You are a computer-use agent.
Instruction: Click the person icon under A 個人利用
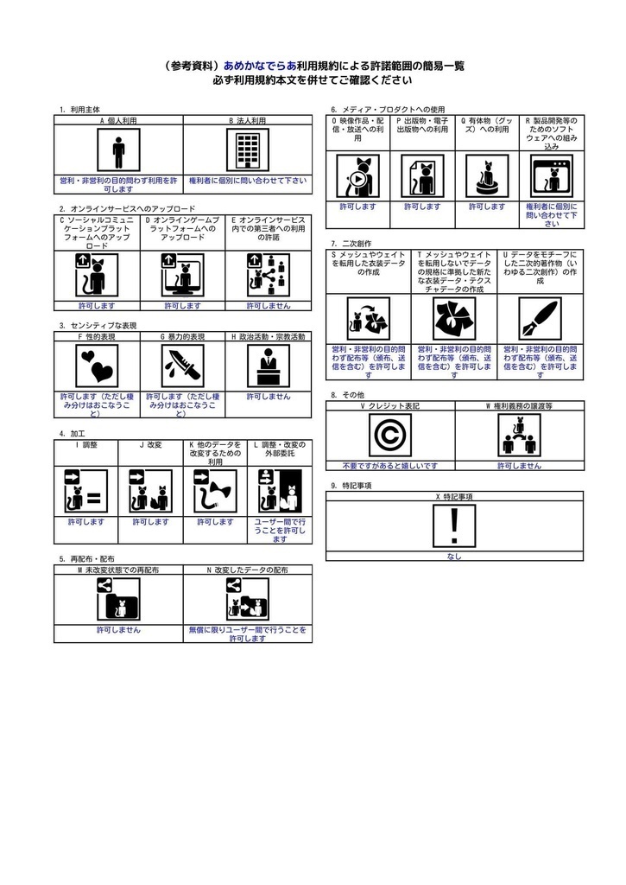point(118,152)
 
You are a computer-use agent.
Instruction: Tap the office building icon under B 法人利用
point(247,152)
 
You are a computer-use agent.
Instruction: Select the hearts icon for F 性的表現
point(96,366)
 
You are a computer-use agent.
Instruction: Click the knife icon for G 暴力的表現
point(182,366)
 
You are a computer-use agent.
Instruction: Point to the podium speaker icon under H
point(268,366)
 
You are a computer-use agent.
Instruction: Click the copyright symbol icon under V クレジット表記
point(389,436)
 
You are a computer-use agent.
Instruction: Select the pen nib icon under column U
point(540,318)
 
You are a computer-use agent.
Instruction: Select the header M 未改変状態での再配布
point(118,570)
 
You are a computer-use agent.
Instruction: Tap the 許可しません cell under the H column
point(268,396)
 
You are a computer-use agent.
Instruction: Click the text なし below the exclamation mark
point(454,557)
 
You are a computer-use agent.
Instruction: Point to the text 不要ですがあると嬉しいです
point(389,465)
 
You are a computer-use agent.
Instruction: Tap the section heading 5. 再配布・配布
point(86,559)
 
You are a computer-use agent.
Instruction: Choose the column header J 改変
point(150,444)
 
